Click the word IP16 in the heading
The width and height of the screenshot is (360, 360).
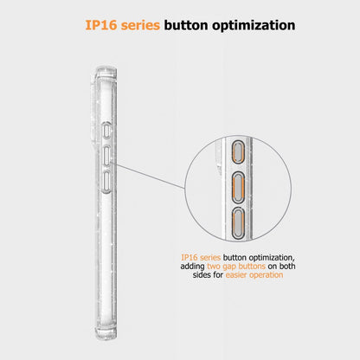[x=101, y=25]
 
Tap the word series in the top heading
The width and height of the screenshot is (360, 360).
[x=140, y=25]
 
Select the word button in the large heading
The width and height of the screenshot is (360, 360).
[x=186, y=25]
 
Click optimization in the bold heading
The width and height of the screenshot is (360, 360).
[x=254, y=26]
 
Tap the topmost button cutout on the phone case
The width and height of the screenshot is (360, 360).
[x=106, y=130]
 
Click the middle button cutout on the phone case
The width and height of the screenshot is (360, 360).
[x=106, y=156]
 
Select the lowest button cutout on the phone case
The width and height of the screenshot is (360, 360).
[x=106, y=182]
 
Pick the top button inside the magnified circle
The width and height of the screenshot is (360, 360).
[x=238, y=152]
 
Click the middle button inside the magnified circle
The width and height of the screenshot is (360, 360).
[x=239, y=188]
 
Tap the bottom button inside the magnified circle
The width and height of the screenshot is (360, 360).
[x=239, y=222]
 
